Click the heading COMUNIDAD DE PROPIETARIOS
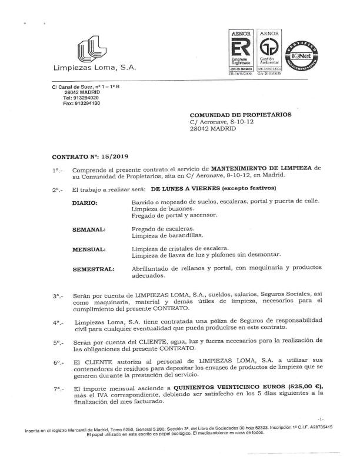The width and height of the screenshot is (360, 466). coord(241,115)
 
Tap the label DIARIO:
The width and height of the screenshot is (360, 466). coord(85,202)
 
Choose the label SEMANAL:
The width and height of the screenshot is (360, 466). coord(88,228)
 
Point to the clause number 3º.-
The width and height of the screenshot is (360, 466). coord(58,296)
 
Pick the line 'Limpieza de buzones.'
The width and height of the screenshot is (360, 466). coord(161,208)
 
